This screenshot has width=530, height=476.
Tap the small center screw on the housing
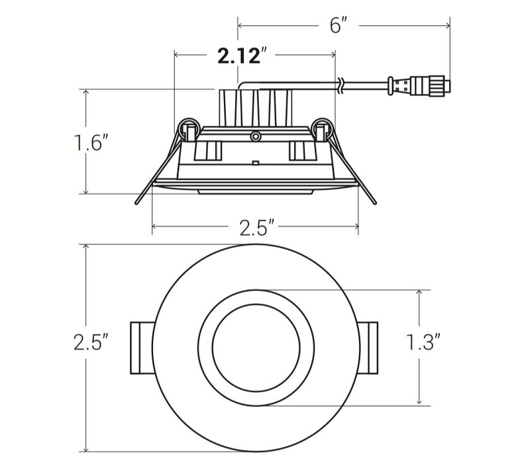point(254,136)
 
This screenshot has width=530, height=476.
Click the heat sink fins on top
point(255,107)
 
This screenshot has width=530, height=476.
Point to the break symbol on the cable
point(341,84)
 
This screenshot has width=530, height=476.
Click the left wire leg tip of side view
point(138,203)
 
